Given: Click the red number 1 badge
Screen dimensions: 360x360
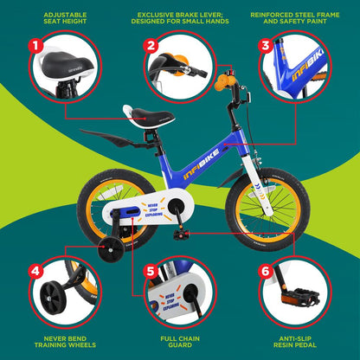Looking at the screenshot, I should coord(35,44).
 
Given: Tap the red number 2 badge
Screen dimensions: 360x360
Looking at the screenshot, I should coord(151,44).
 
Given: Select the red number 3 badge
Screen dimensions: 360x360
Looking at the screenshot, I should coord(267,44).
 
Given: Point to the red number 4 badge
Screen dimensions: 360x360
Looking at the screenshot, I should coord(35,270).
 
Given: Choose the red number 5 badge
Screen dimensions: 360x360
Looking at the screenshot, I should coord(151,270).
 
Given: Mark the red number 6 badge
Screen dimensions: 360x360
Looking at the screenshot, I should coord(267,270).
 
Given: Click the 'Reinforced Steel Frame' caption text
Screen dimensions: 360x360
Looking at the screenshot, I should coord(294,18).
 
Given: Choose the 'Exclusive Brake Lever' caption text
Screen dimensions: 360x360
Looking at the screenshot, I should coord(179,18).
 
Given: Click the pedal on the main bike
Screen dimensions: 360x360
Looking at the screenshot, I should coord(183,234).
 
